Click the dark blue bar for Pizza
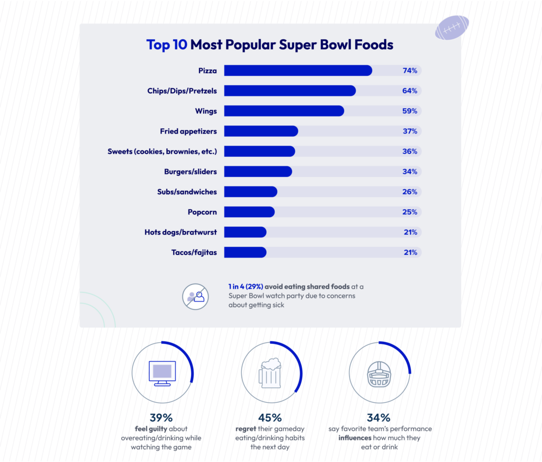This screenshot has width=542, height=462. click(297, 70)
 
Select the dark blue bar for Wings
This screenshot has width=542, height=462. click(284, 111)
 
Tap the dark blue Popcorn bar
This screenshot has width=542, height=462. click(249, 212)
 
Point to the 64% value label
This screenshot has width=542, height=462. click(410, 91)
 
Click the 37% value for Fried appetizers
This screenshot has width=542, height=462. click(410, 131)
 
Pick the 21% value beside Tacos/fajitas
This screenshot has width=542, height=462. click(410, 252)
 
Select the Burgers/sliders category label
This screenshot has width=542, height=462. click(190, 172)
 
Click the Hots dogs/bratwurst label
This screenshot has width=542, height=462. click(180, 232)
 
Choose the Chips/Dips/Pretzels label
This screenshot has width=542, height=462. click(182, 91)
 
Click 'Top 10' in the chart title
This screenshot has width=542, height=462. click(167, 45)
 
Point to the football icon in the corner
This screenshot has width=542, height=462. click(451, 28)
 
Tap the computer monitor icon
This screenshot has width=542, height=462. click(162, 372)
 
